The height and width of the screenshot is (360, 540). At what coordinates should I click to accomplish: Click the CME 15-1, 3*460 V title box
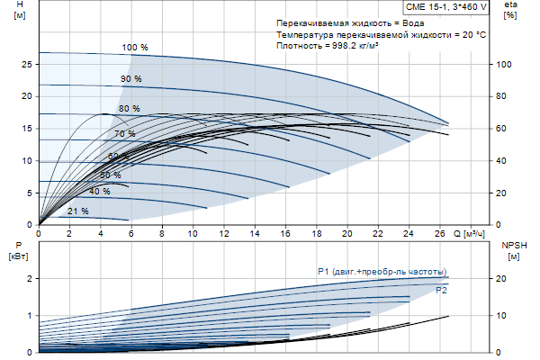coord(444,7)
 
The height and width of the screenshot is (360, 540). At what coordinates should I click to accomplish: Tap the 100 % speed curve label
coord(134,47)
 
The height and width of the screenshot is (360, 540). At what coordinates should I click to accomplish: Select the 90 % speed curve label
coord(131,79)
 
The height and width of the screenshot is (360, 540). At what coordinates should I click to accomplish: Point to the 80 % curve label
coord(129,109)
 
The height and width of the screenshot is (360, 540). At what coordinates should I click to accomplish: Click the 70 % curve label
coord(124,134)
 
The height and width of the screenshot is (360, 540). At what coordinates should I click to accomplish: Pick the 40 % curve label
coord(99,192)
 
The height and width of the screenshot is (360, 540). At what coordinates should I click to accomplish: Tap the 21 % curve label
coord(77,211)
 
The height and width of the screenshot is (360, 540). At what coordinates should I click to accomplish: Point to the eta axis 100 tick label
coord(504,65)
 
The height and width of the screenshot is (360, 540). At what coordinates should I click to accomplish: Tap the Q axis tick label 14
coord(255,233)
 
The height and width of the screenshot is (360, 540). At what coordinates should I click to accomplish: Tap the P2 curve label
coord(441,291)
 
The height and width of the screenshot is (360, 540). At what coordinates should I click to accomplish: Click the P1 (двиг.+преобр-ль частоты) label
coord(382,272)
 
